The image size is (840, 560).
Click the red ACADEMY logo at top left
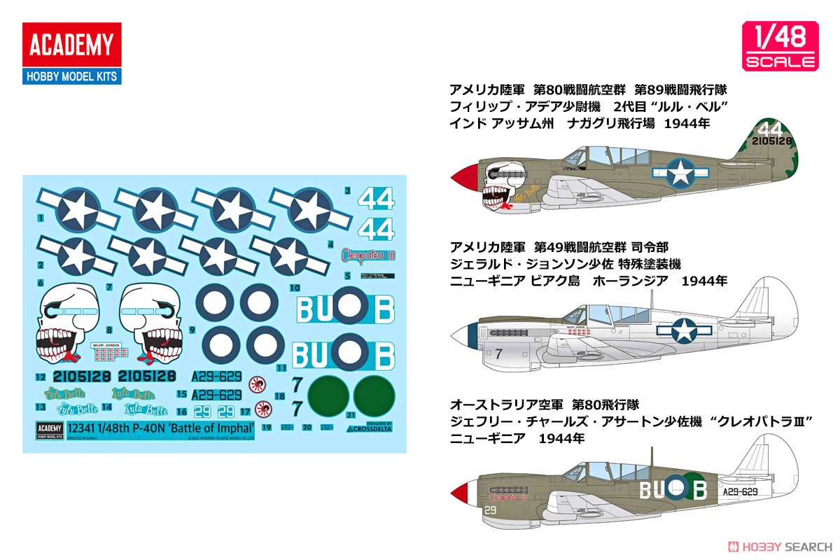71,45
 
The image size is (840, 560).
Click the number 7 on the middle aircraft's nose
498,354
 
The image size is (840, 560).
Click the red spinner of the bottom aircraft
463,492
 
